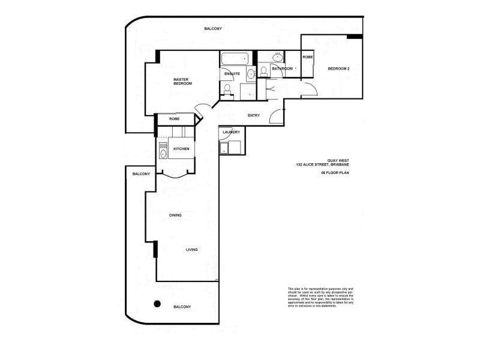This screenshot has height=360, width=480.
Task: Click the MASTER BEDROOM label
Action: (182, 81)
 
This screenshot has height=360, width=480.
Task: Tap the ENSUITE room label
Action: (232, 74)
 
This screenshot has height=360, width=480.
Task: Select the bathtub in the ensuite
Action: (235, 59)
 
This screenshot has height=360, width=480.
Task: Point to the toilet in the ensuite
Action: (227, 90)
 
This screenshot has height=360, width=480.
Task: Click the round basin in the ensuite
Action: (250, 74)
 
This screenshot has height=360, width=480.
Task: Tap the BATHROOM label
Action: (282, 69)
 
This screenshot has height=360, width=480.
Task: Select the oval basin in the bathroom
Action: (277, 57)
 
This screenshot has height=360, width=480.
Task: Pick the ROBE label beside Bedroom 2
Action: (307, 56)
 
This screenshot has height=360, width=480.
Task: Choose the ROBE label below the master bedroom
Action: (174, 119)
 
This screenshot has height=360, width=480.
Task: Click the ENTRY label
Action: (253, 115)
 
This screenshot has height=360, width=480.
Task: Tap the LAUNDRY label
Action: (231, 132)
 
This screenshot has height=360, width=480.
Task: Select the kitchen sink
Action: (163, 154)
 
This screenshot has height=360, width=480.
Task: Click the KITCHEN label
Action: (182, 148)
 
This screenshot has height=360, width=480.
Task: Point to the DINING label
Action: (175, 215)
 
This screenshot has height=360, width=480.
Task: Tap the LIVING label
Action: (191, 250)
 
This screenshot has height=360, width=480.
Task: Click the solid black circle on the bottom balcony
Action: (157, 303)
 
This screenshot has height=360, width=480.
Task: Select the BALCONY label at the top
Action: (212, 29)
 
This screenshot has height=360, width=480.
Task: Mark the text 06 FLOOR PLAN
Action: (335, 172)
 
